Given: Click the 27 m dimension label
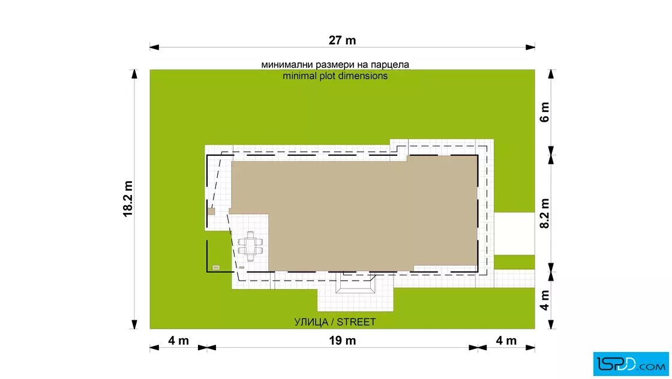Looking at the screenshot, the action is click(x=342, y=40).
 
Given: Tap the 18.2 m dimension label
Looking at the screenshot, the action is click(x=128, y=198).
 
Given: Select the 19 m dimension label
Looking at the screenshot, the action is click(x=343, y=341).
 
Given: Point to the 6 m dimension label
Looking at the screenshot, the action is click(x=544, y=112).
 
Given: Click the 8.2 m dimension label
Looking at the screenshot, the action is click(x=544, y=213).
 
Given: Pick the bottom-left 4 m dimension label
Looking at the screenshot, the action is click(x=178, y=341).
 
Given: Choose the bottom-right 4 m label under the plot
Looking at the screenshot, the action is click(x=506, y=341).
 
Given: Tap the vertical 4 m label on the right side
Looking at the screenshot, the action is click(x=544, y=300).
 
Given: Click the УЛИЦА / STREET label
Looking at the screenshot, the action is click(x=335, y=322).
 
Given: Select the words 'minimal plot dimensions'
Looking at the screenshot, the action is click(x=335, y=76).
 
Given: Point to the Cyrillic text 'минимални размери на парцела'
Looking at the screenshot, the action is click(x=335, y=65).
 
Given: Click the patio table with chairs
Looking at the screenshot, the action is click(x=250, y=246).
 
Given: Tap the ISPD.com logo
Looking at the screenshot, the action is click(x=631, y=364).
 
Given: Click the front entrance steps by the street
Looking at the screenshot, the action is click(x=355, y=284).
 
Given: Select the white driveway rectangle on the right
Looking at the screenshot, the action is click(x=514, y=233).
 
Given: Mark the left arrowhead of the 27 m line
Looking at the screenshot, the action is click(x=154, y=47).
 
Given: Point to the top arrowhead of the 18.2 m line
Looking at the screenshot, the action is click(x=134, y=74).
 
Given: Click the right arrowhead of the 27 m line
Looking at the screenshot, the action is click(x=530, y=47).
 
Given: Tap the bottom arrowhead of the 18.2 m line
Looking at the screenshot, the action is click(x=134, y=324).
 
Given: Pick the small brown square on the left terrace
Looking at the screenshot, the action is click(x=211, y=212).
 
